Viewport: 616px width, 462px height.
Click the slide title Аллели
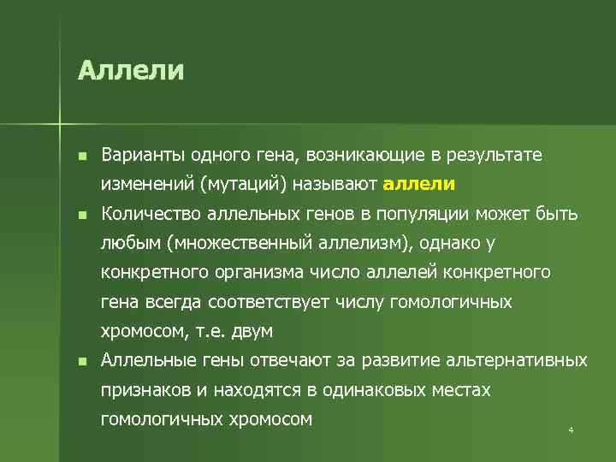130,69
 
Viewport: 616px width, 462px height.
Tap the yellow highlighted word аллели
419,184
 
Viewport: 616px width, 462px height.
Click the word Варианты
139,155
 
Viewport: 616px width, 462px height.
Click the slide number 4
570,429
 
